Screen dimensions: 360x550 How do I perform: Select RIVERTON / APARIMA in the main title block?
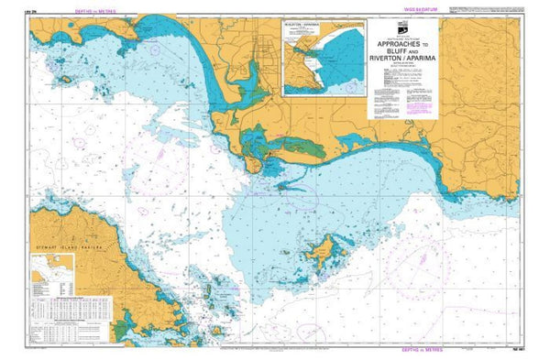coord(401,63)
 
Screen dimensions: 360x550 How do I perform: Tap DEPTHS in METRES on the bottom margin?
coord(462,351)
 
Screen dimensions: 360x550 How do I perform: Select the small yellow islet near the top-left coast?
coord(65,80)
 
